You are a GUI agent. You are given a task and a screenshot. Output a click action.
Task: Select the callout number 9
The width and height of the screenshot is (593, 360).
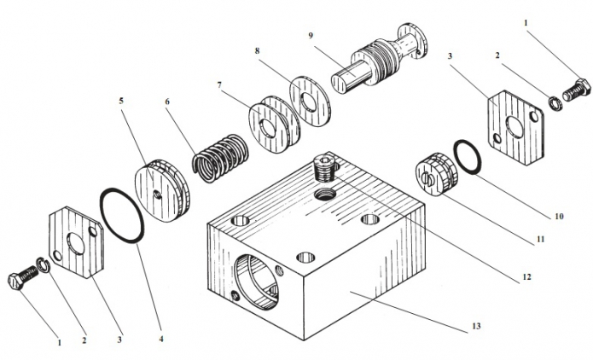[x=311, y=36]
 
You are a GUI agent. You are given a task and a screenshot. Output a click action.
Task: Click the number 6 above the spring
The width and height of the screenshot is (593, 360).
[x=166, y=102]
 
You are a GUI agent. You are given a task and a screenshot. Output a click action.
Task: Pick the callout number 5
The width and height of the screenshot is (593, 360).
[x=121, y=99]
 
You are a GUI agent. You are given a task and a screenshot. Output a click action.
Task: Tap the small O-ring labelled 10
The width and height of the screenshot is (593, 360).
[x=466, y=156]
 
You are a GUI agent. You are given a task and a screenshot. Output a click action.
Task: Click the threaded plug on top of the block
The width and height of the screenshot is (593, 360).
[x=326, y=164]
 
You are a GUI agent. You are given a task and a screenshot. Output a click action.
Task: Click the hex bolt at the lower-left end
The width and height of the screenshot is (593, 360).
[x=23, y=278]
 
